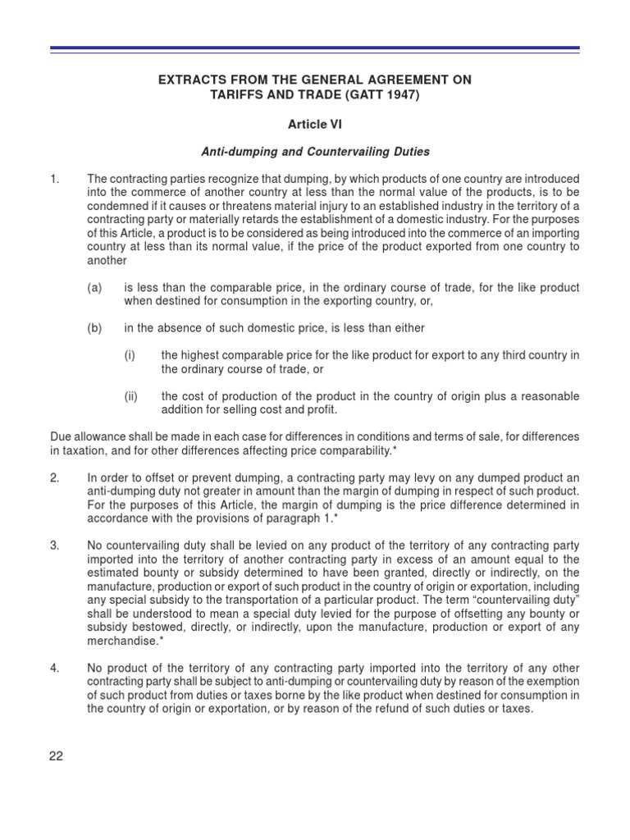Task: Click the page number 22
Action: [x=57, y=756]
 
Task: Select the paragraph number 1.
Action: [x=54, y=179]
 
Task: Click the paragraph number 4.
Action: [x=54, y=669]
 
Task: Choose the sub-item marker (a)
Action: [x=95, y=288]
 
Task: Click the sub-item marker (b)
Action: [x=95, y=328]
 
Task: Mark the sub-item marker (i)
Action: [x=130, y=355]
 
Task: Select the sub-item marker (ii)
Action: [x=131, y=396]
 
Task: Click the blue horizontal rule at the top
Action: [x=315, y=50]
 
